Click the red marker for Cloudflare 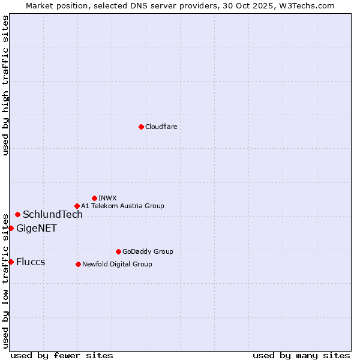(x=141, y=127)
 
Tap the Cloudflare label (x=161, y=127)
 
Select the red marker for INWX (x=94, y=198)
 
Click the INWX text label (x=107, y=198)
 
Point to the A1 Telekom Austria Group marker (x=77, y=206)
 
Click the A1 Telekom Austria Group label (x=122, y=206)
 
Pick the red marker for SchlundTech (x=17, y=214)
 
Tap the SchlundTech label (x=53, y=215)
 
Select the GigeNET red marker (x=11, y=228)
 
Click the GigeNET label (x=37, y=228)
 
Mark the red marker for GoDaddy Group (x=118, y=251)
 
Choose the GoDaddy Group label (x=148, y=251)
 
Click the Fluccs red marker (x=11, y=262)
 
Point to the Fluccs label (x=31, y=262)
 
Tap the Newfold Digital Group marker (x=78, y=264)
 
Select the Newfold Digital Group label (x=117, y=264)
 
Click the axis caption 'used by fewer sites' (x=62, y=355)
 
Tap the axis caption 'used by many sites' (x=301, y=355)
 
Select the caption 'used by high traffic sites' (x=5, y=85)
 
